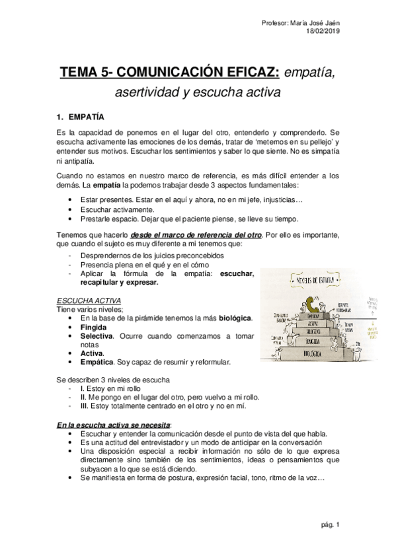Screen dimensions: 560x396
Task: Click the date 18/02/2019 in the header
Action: point(323,31)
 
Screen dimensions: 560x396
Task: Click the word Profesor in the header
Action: point(276,23)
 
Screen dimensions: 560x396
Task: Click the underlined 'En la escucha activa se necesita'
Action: point(114,424)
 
